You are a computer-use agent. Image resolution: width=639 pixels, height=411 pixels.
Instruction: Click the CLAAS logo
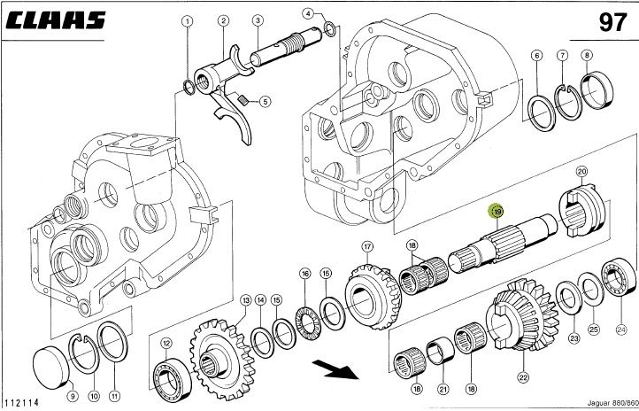click(x=60, y=20)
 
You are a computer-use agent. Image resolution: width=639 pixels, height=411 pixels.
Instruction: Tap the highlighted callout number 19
click(x=497, y=213)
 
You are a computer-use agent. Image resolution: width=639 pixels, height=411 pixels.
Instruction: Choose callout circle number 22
click(x=523, y=377)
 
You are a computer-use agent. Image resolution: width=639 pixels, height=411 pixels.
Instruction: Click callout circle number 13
click(x=246, y=301)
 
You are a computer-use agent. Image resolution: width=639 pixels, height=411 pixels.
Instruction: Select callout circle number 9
click(x=73, y=396)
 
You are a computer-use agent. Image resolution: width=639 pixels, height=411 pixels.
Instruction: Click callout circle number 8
click(x=585, y=55)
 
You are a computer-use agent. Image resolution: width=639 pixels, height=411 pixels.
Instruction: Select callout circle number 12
click(x=166, y=344)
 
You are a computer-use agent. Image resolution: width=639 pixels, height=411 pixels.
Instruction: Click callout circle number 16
click(x=304, y=273)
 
